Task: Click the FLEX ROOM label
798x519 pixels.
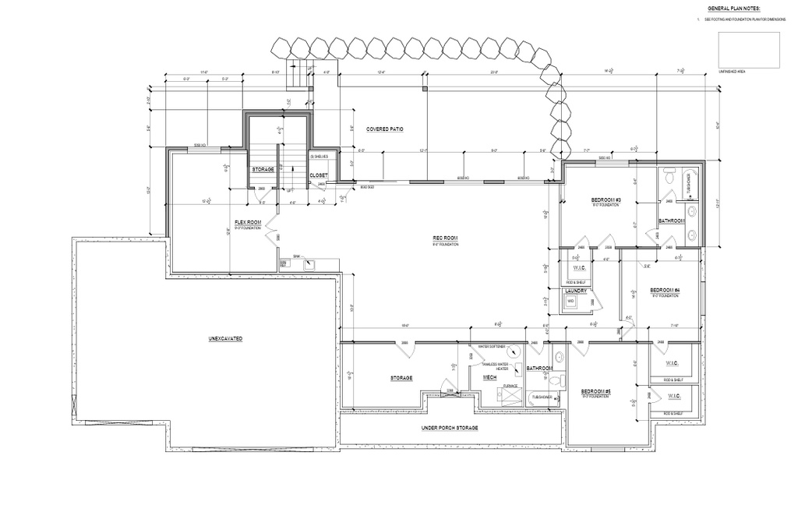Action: [x=247, y=222]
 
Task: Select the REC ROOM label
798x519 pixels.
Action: [x=445, y=238]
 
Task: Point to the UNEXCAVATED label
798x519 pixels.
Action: [x=225, y=339]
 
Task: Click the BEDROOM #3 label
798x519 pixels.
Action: [x=606, y=200]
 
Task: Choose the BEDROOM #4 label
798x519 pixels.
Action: [x=666, y=290]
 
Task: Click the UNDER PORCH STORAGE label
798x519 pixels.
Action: [x=450, y=428]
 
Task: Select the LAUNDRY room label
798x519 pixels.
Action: [x=575, y=291]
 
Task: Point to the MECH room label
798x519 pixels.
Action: [x=490, y=377]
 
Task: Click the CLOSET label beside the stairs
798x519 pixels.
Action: [x=319, y=176]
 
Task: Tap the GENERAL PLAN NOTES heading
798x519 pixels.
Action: [x=734, y=9]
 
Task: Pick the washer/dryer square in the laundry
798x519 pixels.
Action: [x=570, y=301]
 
